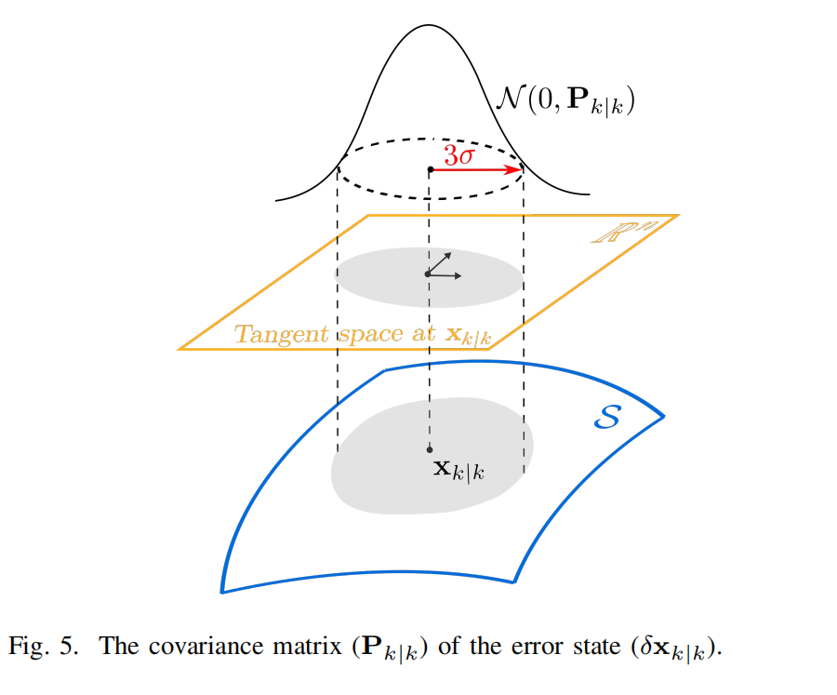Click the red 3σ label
click(458, 155)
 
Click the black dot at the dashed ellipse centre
click(429, 169)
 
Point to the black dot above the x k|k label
click(429, 449)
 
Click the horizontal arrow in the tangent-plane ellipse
click(445, 274)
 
